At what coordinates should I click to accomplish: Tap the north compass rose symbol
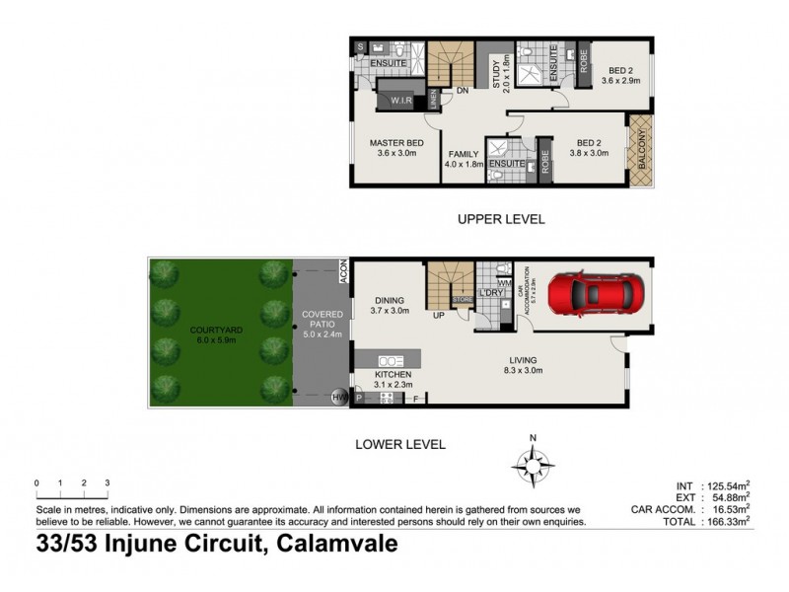point(532,462)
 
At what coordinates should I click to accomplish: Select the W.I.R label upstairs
point(400,100)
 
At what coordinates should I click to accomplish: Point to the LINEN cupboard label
point(433,99)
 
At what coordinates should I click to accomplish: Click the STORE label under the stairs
point(462,300)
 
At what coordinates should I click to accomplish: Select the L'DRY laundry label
point(490,293)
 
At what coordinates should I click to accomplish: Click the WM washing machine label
point(503,283)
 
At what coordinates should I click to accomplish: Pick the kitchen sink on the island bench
point(391,361)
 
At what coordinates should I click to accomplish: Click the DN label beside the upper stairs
point(461,92)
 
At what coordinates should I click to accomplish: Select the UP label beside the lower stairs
point(437,316)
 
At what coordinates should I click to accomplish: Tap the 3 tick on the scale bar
point(107,482)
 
